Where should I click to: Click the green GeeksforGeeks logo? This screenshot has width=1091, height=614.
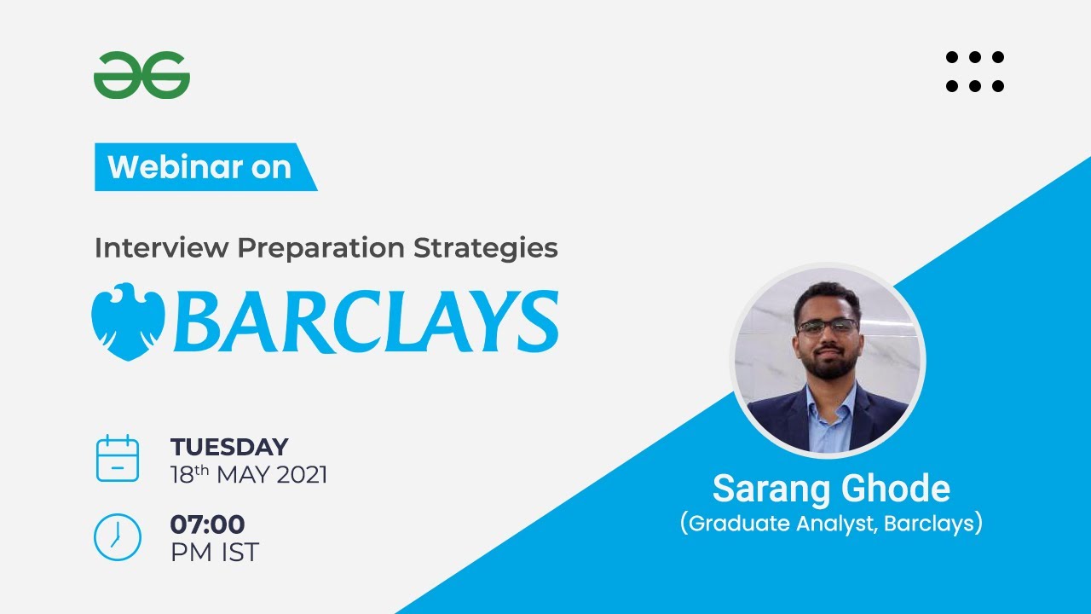[x=141, y=75]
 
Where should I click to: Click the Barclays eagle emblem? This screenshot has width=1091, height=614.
[x=128, y=321]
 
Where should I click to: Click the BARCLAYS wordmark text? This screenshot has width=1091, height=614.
[x=367, y=321]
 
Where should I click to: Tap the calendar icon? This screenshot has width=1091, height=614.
[x=117, y=459]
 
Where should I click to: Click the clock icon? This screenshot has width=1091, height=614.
[x=117, y=537]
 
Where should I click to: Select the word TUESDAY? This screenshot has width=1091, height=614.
[x=229, y=447]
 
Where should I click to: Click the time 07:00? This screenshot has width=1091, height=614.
[x=207, y=524]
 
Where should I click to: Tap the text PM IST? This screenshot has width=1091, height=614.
[x=214, y=553]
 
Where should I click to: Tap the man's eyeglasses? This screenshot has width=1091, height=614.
[x=827, y=326]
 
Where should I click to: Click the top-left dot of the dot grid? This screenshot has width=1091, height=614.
[x=952, y=57]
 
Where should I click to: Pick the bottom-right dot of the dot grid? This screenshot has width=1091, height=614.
[x=998, y=85]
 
